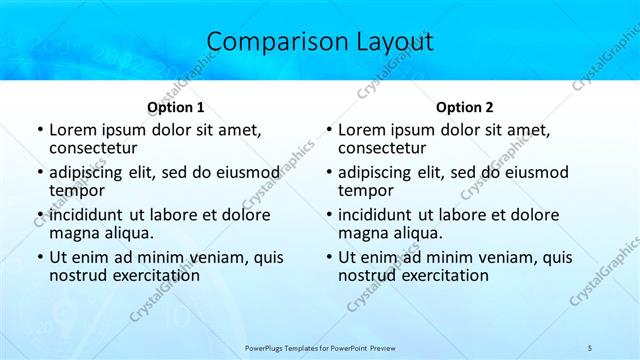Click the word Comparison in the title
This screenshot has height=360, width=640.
[265, 42]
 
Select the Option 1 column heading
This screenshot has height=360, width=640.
[176, 107]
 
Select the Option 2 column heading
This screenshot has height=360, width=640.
[465, 107]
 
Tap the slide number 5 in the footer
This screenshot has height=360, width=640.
[590, 346]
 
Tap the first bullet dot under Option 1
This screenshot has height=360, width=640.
[39, 131]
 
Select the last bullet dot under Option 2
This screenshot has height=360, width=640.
[328, 258]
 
